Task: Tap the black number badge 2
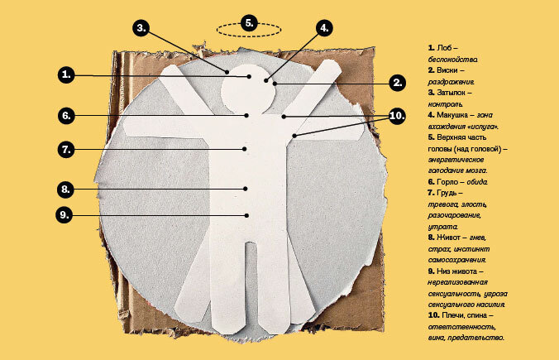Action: coord(397,82)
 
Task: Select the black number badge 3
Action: coord(141,26)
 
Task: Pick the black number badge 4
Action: coord(324,26)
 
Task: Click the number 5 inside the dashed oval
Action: coord(249,23)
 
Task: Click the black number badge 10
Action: coord(396,115)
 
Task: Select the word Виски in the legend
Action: coord(449,72)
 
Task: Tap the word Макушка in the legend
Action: coord(454,115)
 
